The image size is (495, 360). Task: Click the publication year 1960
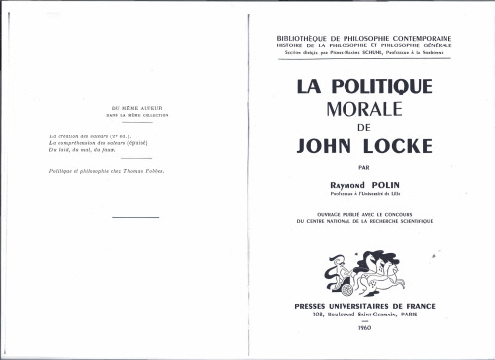[x=364, y=327]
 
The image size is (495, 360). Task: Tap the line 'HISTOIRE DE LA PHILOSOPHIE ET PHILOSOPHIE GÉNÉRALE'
[x=364, y=45]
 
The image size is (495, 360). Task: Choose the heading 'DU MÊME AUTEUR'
[x=129, y=106]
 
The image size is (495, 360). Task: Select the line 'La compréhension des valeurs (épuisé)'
[x=103, y=142]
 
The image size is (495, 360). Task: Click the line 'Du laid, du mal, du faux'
[x=89, y=149]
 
